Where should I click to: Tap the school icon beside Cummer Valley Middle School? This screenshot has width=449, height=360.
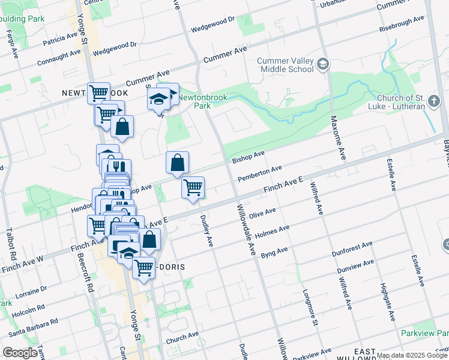tap(323, 64)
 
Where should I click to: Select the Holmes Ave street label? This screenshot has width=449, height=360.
tap(272, 231)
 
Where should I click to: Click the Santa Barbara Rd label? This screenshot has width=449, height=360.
tap(33, 325)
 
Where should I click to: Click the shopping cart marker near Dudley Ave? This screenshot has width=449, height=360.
tap(193, 188)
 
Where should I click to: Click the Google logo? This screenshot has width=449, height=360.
tap(20, 353)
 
